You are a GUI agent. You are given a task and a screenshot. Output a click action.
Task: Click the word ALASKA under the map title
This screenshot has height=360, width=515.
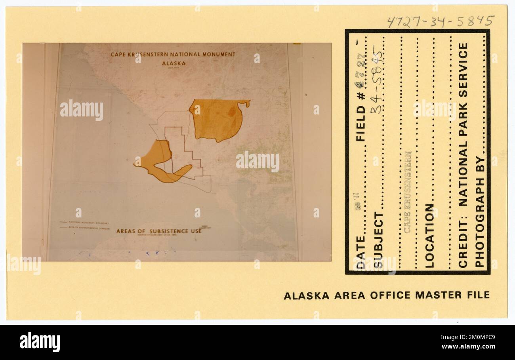[x=174, y=63]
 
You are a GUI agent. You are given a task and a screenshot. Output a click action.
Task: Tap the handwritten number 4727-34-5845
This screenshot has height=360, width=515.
[x=441, y=21]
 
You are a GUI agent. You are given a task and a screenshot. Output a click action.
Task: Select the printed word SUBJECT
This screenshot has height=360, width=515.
[x=379, y=240]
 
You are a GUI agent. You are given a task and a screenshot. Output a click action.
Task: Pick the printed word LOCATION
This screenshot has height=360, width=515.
[x=430, y=236]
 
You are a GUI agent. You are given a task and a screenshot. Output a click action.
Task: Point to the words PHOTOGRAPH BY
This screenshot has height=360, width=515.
[x=479, y=212]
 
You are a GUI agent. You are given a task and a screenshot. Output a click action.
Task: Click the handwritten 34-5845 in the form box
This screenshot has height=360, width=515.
[x=377, y=79]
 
